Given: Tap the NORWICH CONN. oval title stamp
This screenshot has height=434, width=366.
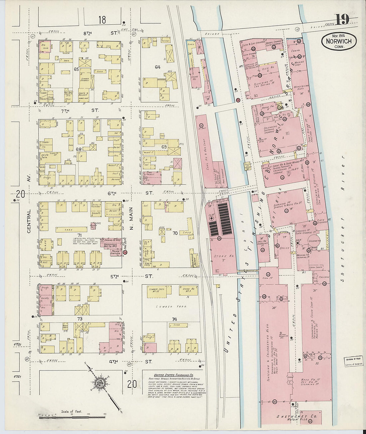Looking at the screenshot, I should [x=339, y=42].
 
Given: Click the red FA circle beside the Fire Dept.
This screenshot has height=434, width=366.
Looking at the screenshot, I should [x=125, y=253].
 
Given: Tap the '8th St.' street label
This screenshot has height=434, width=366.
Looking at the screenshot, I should [x=100, y=33].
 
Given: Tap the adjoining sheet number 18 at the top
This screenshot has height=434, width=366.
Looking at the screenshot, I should [x=102, y=20].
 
